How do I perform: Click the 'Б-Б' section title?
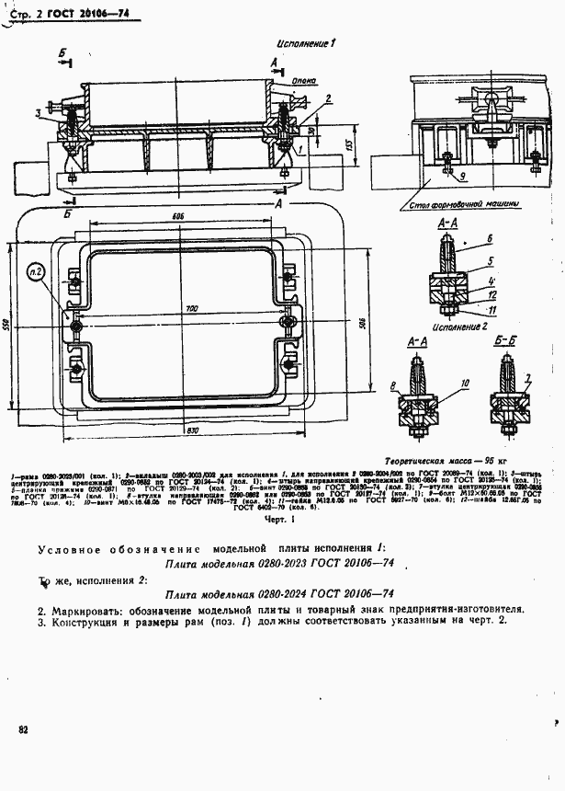tap(503, 341)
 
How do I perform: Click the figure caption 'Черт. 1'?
tap(277, 519)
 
